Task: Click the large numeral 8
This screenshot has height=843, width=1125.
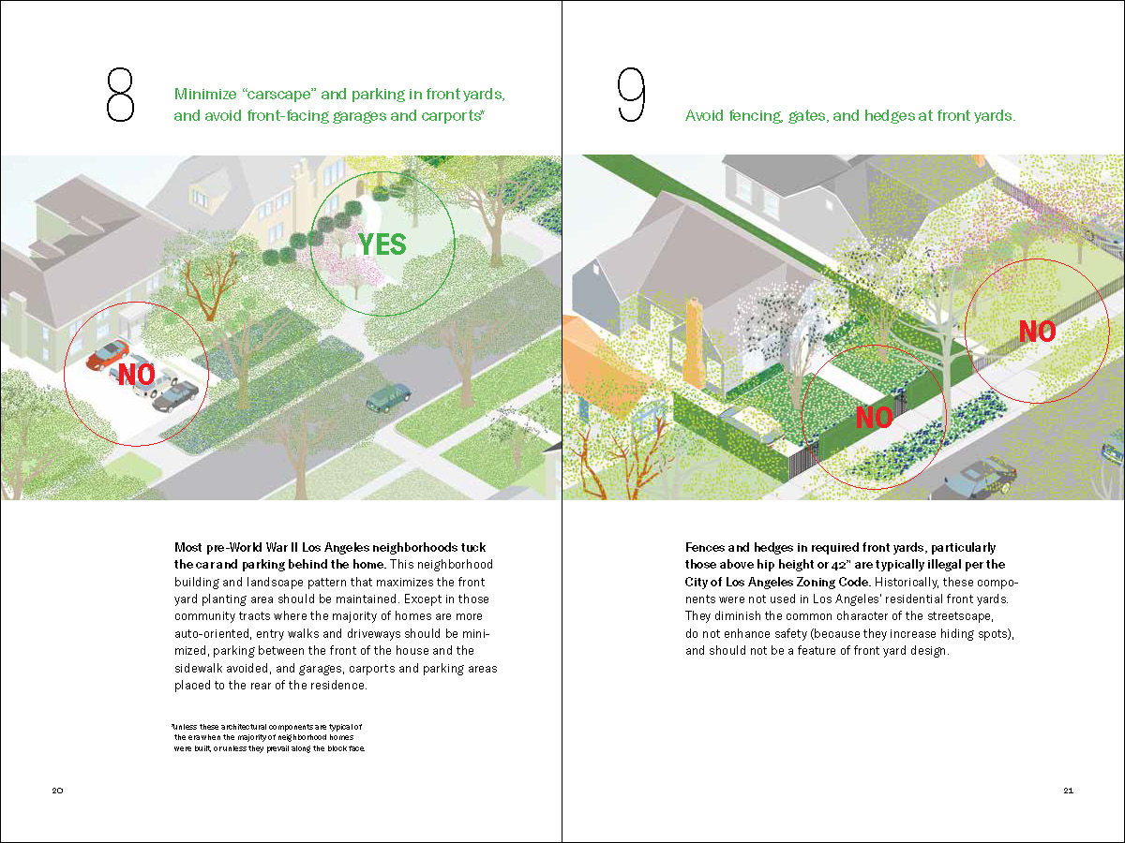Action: pos(121,94)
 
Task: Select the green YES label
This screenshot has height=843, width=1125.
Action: pos(382,244)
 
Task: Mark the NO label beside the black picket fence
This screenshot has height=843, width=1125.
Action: pos(1037,331)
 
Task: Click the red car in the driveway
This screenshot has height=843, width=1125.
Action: pos(107,354)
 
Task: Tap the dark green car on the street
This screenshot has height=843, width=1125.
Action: pos(388,396)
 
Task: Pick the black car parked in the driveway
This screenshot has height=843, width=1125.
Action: pos(175,396)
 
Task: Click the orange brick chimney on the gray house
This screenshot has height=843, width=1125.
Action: pos(694,342)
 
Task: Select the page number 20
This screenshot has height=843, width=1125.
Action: pos(57,791)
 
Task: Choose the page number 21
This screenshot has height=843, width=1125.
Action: pos(1069,791)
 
